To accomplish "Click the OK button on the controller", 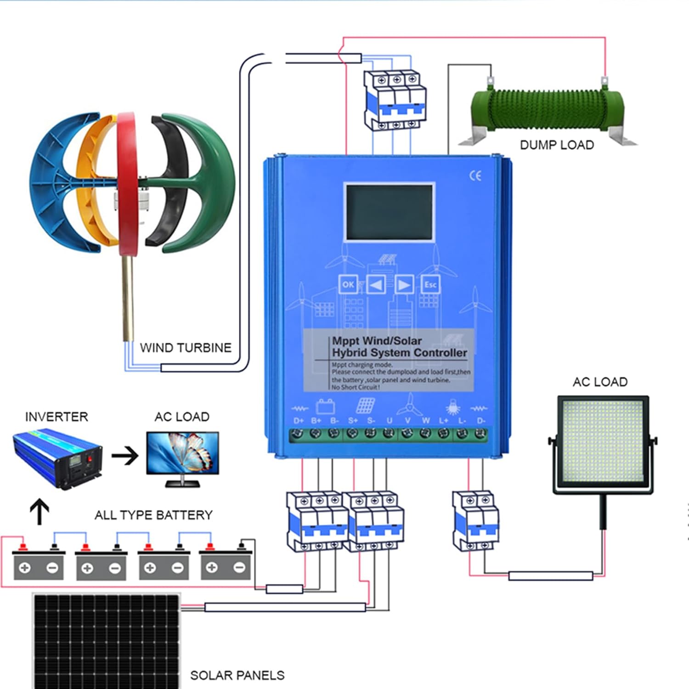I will click(348, 285).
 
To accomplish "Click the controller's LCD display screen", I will click(389, 212).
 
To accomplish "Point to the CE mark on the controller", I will click(475, 176).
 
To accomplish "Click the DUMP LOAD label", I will click(557, 145).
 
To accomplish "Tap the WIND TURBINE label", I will click(186, 348).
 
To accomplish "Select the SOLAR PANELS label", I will click(237, 675).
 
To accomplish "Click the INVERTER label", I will click(56, 417).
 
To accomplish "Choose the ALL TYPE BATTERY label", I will click(153, 515).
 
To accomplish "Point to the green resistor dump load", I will click(546, 111).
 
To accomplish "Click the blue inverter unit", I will click(57, 459).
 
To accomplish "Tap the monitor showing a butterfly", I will click(183, 455).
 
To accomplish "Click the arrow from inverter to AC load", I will click(125, 456).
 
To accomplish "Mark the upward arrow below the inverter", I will click(40, 511).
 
